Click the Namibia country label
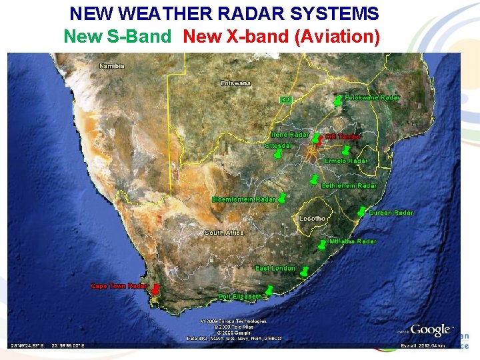pos(112,66)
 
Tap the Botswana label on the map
pos(236,83)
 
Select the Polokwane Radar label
pos(372,97)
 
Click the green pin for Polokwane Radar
pos(338,102)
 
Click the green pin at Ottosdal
pos(277,154)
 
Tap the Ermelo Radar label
pos(347,161)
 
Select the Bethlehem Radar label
pos(349,185)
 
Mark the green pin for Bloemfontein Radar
pos(282,198)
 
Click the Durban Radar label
pos(391,213)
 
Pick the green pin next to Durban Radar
pos(361,211)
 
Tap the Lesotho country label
pos(313,219)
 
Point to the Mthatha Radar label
pos(353,241)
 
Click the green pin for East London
pos(304,272)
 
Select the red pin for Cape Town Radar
pos(155,291)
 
